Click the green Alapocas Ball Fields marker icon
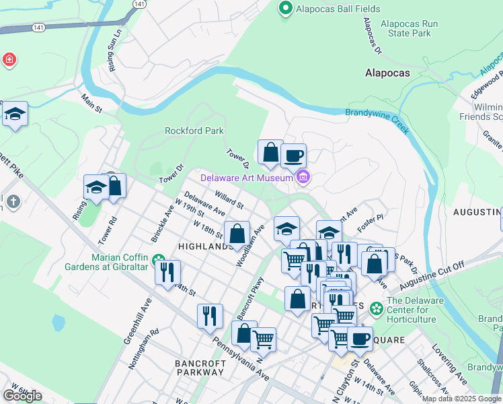[x=284, y=9]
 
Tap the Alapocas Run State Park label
[x=409, y=28]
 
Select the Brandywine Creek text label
[x=377, y=115]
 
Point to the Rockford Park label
[x=194, y=131]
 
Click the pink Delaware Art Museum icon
[x=303, y=177]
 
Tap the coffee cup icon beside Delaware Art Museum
[x=293, y=156]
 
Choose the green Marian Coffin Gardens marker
[x=158, y=259]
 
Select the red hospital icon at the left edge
[x=9, y=60]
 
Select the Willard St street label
[x=229, y=198]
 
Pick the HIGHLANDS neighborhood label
[x=206, y=247]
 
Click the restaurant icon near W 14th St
[x=167, y=272]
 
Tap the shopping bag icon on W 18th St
[x=237, y=234]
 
